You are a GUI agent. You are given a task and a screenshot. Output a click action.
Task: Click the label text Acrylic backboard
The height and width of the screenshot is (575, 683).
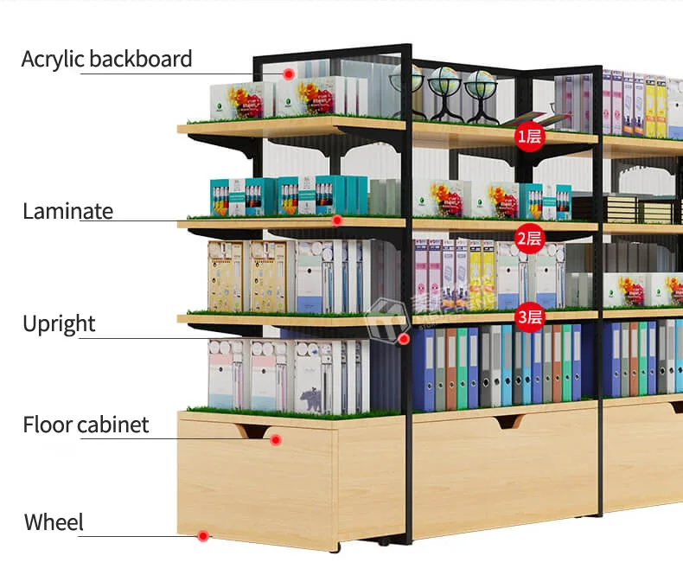106,60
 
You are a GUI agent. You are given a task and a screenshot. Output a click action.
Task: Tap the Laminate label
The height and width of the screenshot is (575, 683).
67,212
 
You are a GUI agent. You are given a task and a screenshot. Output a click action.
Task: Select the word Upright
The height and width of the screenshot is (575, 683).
59,324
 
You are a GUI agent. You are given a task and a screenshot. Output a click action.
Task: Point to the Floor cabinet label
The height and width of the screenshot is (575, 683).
86,425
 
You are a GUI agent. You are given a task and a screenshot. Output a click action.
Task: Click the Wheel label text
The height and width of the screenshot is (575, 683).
54,523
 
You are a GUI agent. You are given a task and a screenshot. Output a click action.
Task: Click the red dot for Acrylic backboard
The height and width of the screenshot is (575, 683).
289,74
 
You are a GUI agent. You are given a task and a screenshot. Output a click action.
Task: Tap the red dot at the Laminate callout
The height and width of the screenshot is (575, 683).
338,220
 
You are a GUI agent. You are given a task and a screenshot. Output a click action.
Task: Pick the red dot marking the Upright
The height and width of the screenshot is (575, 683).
404,339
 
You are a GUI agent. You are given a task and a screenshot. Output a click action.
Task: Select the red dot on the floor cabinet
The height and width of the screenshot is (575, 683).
276,440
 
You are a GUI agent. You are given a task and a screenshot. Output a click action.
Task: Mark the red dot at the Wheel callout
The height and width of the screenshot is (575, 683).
203,536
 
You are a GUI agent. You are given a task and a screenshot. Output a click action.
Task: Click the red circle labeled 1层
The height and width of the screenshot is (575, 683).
529,136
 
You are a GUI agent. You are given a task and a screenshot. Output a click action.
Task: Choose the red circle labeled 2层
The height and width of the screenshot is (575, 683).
529,238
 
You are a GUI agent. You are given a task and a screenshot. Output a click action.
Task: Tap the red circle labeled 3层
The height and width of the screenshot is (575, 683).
529,316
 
